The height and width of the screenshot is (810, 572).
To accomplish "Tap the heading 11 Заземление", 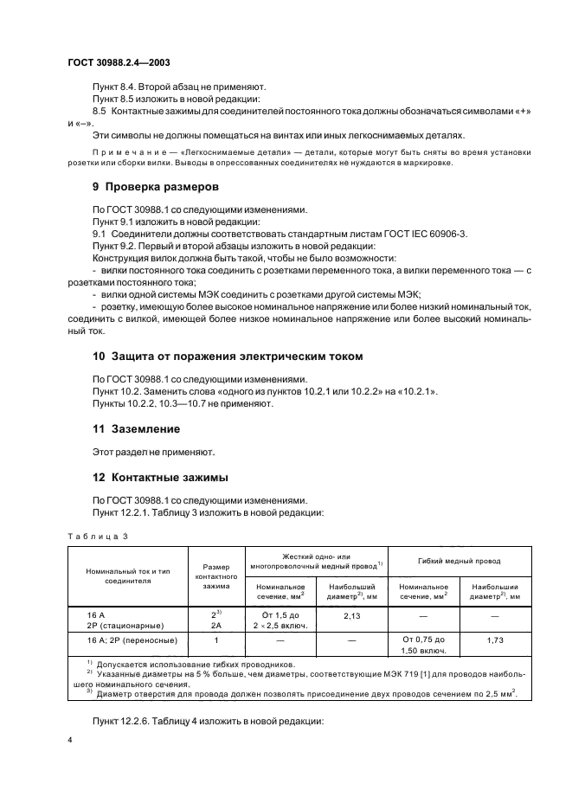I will [136, 428].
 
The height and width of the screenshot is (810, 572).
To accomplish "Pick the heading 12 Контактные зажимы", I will [161, 477].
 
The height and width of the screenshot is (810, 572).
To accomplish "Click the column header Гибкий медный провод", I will [460, 558].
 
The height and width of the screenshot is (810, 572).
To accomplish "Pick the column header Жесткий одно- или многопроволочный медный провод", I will [316, 558].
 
